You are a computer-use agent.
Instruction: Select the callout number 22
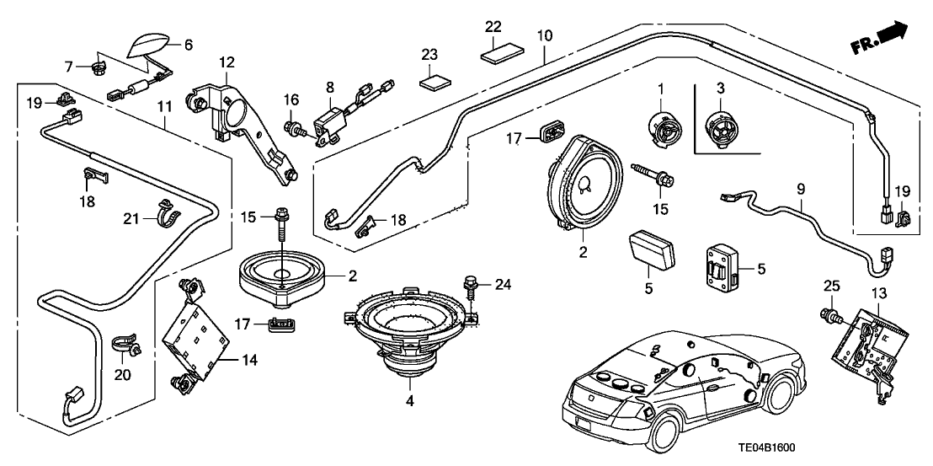[493, 27]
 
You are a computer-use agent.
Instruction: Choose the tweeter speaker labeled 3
[722, 128]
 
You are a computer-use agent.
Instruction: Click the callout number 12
[227, 62]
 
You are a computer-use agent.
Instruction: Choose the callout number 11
[163, 108]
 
